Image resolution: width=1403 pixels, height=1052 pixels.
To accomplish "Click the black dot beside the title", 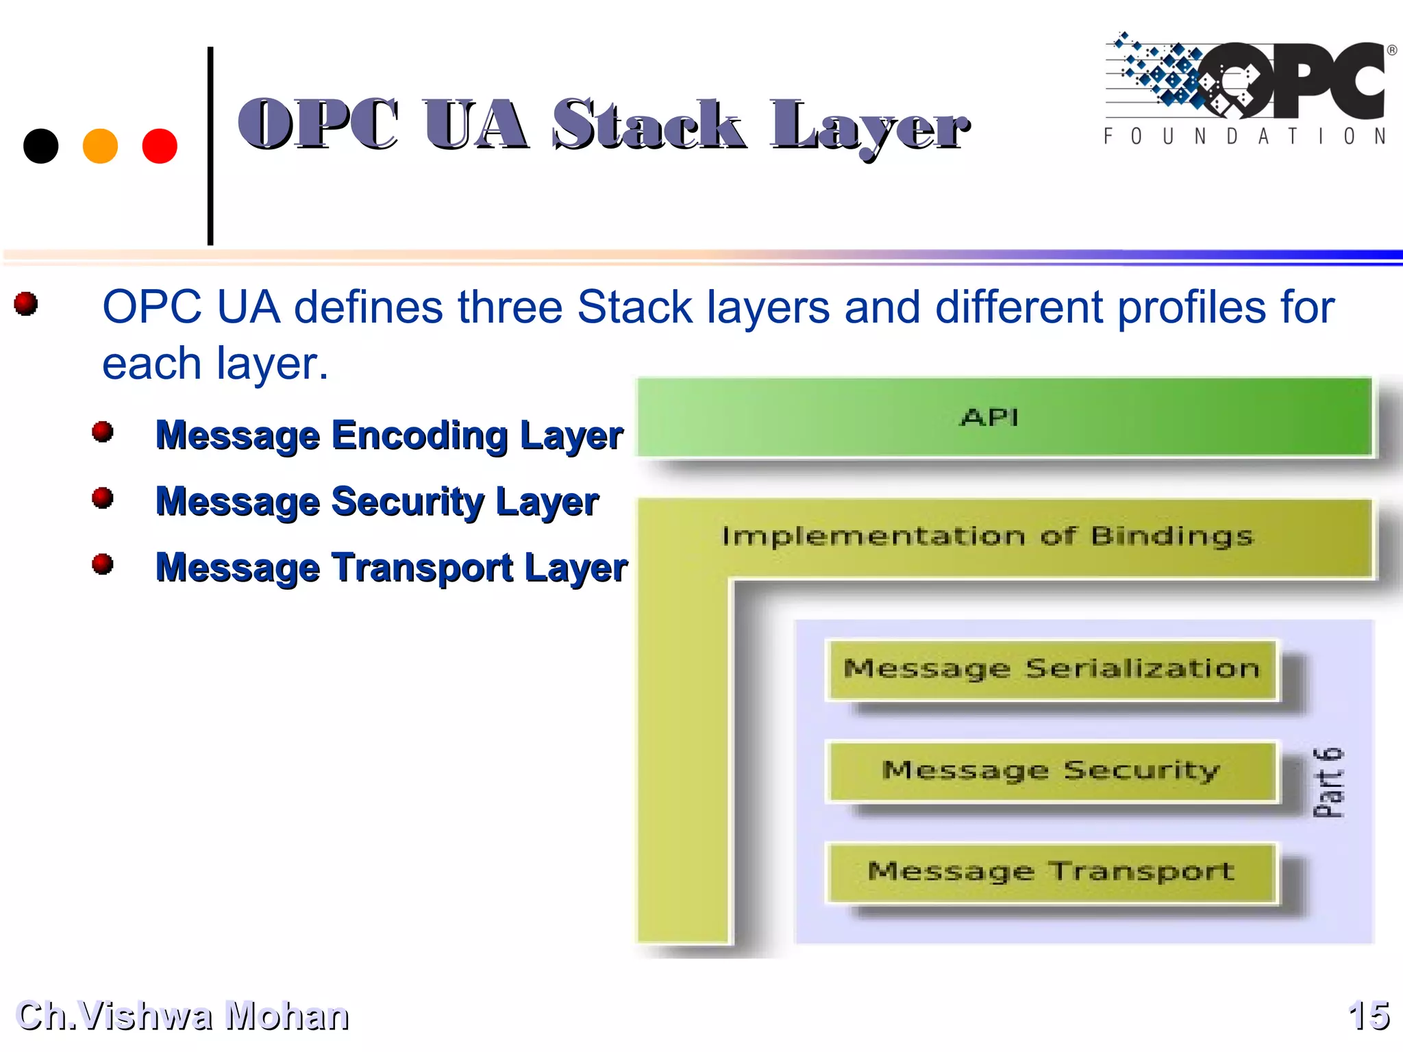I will (40, 146).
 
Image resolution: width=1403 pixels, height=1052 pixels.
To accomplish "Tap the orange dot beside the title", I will (100, 146).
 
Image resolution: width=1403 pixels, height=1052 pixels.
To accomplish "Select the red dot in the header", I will (160, 146).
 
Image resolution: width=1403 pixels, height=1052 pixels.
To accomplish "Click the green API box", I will (1004, 417).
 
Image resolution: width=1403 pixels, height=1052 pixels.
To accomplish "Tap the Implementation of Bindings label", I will (987, 536).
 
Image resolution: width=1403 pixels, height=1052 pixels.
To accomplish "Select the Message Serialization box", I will (1052, 669).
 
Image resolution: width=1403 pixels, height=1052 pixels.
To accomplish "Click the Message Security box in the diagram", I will (1052, 771).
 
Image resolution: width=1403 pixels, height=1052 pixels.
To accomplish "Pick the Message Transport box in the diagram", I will (1052, 872).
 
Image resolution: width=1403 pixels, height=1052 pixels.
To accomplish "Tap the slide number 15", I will (1368, 1015).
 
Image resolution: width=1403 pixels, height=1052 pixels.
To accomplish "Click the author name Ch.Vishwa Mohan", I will (182, 1015).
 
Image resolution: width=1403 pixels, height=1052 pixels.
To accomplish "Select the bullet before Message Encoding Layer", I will (103, 431).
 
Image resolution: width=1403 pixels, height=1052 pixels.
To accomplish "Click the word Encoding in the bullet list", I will (419, 435).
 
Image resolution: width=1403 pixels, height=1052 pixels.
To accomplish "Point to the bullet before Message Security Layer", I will (103, 498).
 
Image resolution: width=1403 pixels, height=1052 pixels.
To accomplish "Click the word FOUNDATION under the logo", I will (1245, 137).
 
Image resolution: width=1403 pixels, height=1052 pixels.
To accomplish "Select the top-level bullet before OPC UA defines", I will (26, 303).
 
